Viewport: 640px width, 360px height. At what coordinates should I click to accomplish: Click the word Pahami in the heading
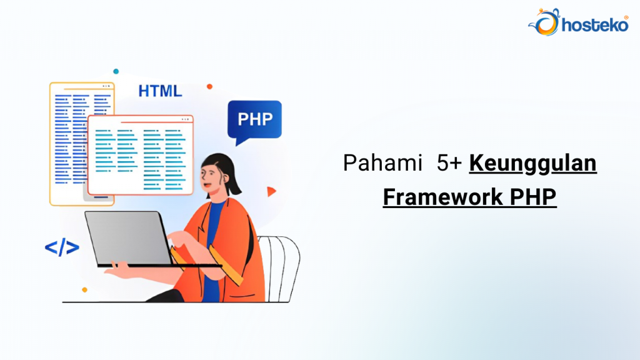[374, 164]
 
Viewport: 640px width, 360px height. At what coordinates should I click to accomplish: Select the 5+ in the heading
[449, 164]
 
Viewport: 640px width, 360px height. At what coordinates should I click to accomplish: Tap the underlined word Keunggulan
[532, 164]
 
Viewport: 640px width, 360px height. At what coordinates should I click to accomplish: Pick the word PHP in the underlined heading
[533, 197]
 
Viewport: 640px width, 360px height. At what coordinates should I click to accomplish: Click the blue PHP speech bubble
[254, 119]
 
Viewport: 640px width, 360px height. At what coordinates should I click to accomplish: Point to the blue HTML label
[160, 91]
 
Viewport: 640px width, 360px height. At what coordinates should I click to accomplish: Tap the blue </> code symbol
[62, 247]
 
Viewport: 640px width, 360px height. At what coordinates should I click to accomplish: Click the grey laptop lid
[128, 237]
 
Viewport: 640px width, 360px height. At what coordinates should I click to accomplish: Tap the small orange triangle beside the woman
[271, 191]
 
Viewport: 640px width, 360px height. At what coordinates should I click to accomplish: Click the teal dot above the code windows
[116, 71]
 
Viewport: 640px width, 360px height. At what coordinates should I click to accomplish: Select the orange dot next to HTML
[209, 86]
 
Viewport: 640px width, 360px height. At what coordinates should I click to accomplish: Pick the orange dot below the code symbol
[84, 289]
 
